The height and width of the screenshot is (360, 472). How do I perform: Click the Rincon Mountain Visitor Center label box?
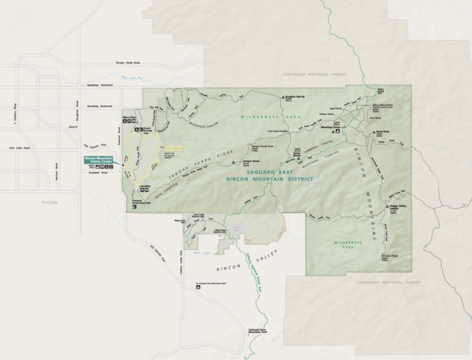coord(99,161)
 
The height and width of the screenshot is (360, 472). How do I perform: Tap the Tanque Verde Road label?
coord(129,64)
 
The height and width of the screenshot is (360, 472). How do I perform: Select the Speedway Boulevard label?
coord(100,85)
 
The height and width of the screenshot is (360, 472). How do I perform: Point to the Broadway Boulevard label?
coord(101,106)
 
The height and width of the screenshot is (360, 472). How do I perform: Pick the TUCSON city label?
coord(49,202)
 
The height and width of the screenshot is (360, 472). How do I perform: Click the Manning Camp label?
coord(343,128)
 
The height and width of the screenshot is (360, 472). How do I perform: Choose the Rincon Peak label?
coord(389,256)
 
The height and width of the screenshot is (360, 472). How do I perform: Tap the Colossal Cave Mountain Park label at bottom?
coord(257,331)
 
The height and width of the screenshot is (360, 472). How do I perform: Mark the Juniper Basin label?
coord(239,161)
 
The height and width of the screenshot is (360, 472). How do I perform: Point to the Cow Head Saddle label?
coord(278,131)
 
